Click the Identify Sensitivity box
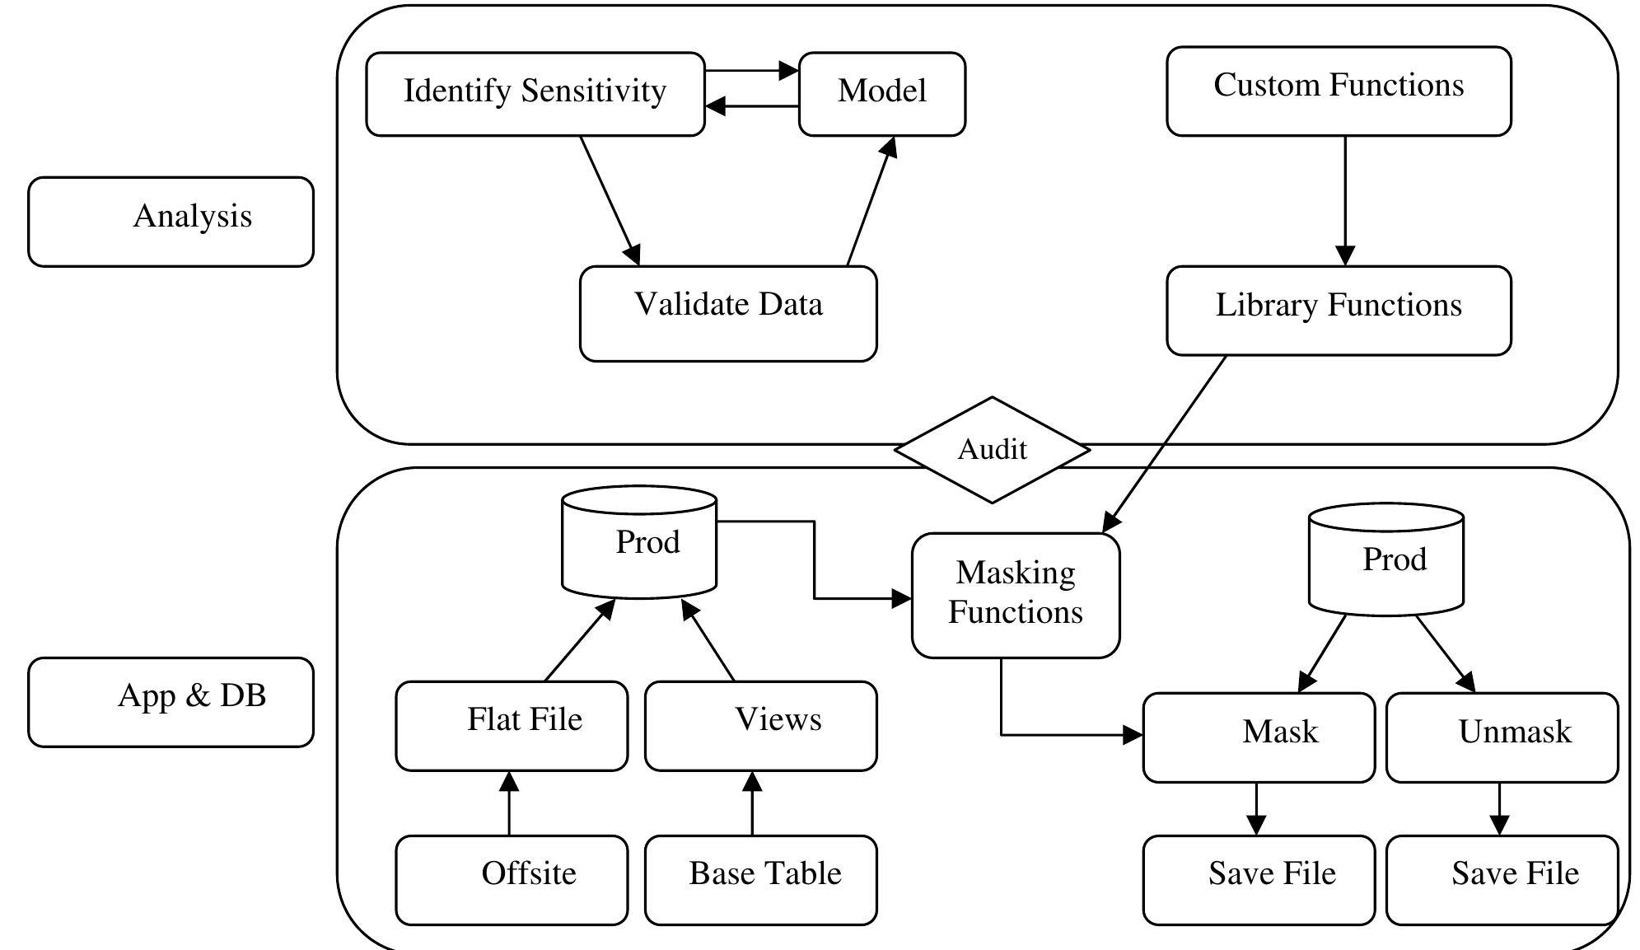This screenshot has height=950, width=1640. [535, 94]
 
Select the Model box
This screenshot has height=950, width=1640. [881, 94]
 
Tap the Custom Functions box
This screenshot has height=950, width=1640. [1339, 91]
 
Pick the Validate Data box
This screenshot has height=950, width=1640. [728, 313]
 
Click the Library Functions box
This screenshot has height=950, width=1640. [1339, 311]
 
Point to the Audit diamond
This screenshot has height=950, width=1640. [992, 450]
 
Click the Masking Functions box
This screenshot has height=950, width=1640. [1015, 595]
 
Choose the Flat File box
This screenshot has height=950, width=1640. [512, 725]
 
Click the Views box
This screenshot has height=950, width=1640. [760, 725]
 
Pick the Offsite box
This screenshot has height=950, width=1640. [512, 880]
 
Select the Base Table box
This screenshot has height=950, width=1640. [760, 880]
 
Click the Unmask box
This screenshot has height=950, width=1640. [1502, 737]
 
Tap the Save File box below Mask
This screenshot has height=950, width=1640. [1259, 880]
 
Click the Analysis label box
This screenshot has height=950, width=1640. [171, 221]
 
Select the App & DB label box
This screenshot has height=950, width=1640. [171, 702]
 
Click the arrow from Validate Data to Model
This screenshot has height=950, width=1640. [871, 202]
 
